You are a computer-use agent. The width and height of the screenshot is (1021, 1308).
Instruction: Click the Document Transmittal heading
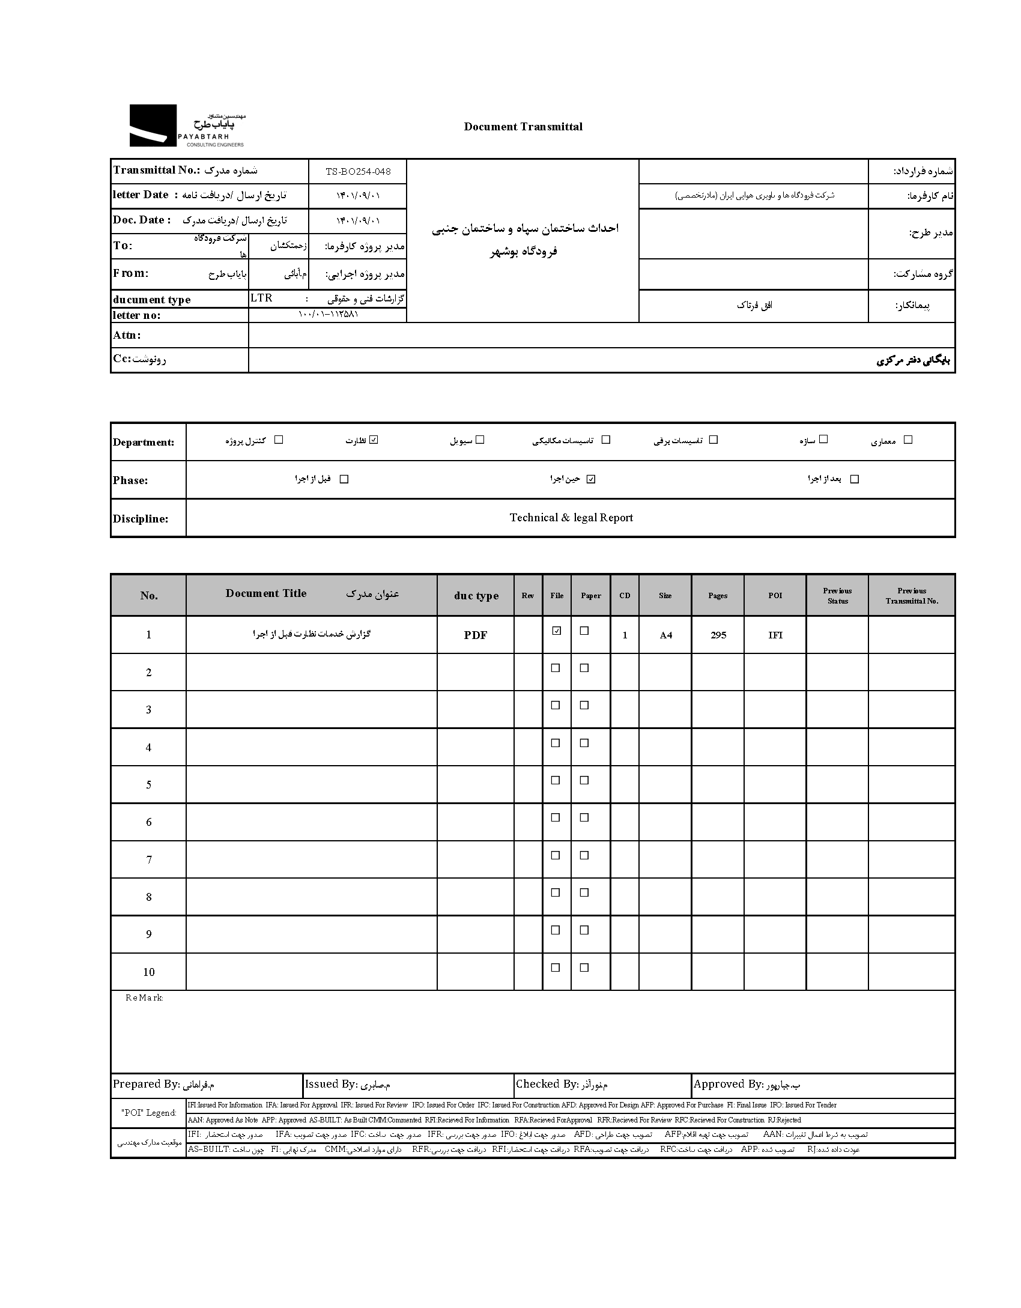click(523, 127)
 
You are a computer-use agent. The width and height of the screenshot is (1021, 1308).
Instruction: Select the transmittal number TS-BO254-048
click(358, 172)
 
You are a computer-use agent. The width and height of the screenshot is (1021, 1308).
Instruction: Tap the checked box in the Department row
click(374, 440)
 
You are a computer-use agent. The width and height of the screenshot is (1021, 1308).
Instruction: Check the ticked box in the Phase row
click(591, 479)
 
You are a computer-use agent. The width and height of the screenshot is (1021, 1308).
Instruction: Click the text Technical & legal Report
click(571, 518)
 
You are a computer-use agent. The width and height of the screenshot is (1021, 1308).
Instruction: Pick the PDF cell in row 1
click(476, 635)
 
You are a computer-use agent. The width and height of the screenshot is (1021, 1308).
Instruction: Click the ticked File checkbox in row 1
click(557, 631)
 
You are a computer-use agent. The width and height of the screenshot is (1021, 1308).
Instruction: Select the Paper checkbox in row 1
click(584, 631)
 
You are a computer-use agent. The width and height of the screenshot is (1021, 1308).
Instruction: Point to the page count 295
click(718, 635)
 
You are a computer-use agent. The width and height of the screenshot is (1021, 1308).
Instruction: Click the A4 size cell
click(666, 635)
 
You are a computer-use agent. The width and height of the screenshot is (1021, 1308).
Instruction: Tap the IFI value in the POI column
click(775, 635)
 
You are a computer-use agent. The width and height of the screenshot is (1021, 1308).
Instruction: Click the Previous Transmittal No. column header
click(912, 595)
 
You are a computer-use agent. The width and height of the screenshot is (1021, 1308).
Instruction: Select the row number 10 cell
click(149, 972)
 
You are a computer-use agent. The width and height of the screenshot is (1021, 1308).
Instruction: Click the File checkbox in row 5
click(556, 780)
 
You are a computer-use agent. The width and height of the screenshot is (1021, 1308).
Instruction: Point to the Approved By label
click(728, 1084)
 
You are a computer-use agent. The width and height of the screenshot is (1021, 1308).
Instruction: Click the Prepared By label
click(146, 1084)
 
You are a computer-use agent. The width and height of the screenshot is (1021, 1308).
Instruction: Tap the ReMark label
click(144, 998)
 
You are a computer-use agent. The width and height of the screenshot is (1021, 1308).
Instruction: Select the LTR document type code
click(261, 298)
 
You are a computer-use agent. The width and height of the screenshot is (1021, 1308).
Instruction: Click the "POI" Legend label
click(149, 1112)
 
